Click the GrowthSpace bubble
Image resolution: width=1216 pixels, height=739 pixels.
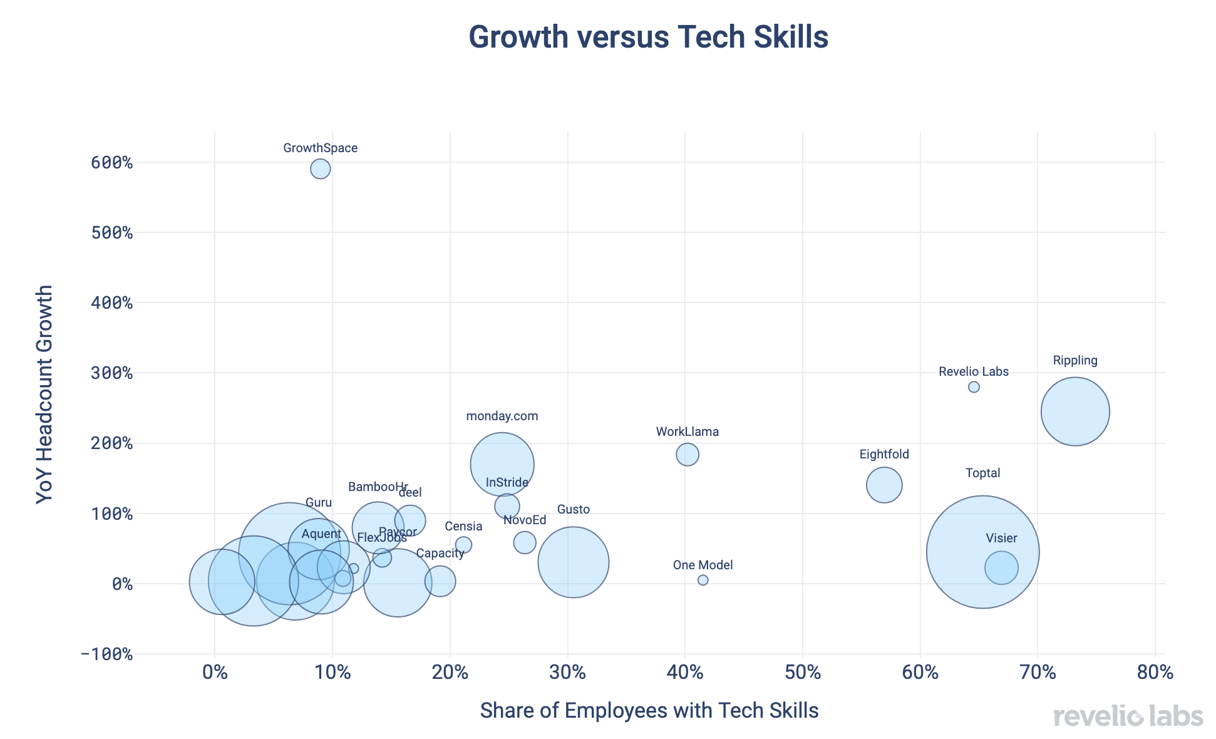320,169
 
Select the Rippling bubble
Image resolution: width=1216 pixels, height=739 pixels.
1075,411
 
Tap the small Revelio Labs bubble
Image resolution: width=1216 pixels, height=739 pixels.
974,387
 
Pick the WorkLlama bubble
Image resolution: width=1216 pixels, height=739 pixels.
688,454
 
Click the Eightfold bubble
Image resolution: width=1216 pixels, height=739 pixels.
884,485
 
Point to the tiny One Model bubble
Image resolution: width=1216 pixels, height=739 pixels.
703,581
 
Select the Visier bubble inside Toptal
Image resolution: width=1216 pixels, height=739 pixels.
1001,567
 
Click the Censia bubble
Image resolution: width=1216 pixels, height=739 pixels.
463,545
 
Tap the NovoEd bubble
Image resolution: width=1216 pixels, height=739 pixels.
525,542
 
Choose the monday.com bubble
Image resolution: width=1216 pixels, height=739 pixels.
502,464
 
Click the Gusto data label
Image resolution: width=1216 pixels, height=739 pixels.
573,510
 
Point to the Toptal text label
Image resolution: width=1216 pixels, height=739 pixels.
982,473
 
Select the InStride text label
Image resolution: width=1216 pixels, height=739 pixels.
507,483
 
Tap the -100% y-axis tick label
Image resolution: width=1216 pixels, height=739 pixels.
107,654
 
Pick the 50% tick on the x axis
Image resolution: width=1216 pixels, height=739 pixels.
803,674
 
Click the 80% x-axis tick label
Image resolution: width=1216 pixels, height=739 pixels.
1155,674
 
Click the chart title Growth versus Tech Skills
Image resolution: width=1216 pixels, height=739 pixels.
648,37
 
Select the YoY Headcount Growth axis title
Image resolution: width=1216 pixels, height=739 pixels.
44,395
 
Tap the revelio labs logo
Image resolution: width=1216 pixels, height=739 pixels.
1128,716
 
